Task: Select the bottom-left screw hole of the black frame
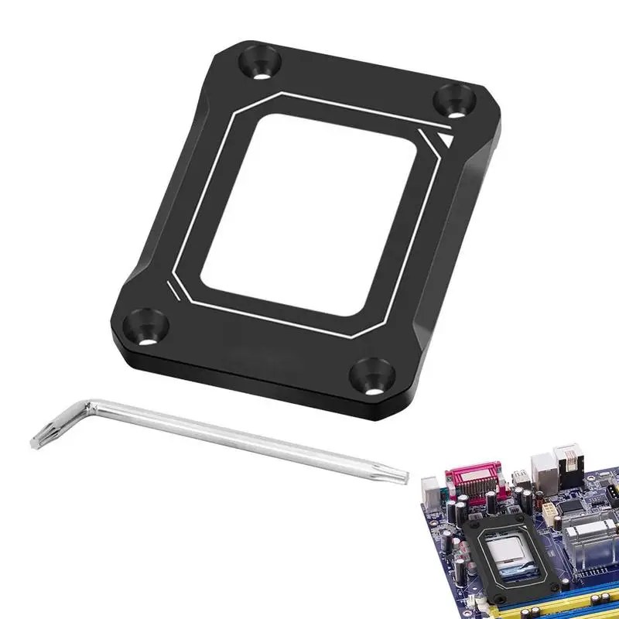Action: [x=145, y=326]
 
